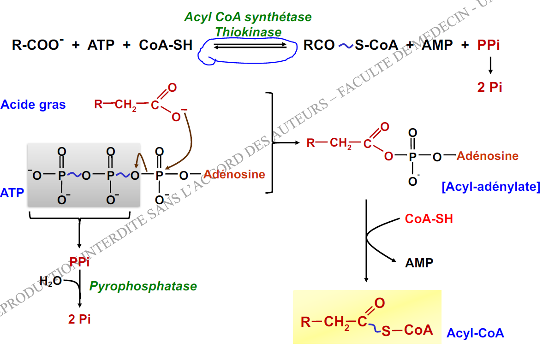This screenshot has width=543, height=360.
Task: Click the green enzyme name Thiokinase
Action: pos(248,32)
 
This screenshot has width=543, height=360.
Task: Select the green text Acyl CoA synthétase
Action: pos(248,18)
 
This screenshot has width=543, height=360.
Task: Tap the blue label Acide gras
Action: pos(33,105)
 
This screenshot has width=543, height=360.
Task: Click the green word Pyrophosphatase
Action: pos(143,286)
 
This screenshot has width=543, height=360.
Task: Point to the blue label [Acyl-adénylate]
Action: pos(490,188)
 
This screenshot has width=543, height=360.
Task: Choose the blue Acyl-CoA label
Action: pos(475,333)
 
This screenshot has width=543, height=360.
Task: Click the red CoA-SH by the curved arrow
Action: pos(429,218)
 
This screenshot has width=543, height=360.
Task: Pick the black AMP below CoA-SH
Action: pos(419,263)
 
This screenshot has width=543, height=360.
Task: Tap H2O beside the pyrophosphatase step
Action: pos(50,281)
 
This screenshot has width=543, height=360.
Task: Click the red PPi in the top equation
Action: pos(489,45)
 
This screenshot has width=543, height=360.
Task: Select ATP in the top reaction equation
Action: pos(101,45)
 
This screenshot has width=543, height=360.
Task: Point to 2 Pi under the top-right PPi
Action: pos(489,87)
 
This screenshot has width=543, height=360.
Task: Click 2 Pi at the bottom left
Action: pos(79,319)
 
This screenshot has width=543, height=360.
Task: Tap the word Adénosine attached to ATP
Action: pos(234,175)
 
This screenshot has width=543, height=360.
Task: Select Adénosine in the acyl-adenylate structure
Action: pos(488,156)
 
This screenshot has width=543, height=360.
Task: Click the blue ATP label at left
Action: pos(12,193)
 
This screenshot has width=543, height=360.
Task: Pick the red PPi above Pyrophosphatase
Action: pos(79,262)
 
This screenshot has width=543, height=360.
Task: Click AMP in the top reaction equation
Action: pos(438,45)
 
